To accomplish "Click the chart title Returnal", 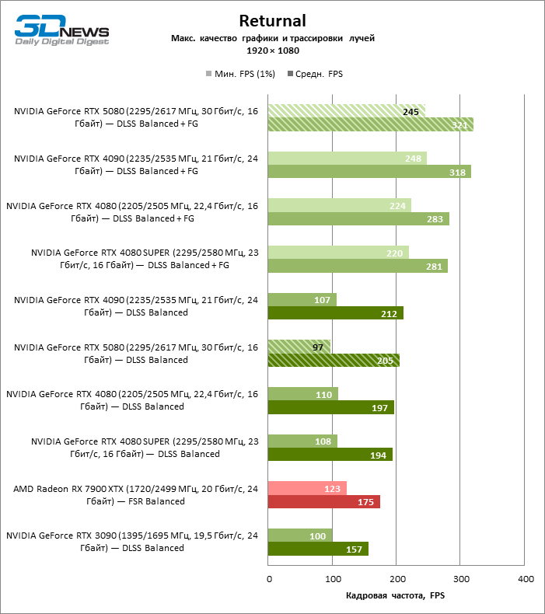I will pos(272,21).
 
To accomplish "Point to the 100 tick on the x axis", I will pos(332,579).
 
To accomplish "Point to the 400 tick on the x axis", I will pos(525,579).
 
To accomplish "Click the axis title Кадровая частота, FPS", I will pos(395,595).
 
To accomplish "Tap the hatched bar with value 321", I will pos(370,124).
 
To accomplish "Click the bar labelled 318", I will pos(369,172).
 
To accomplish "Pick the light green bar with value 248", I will pos(347,159).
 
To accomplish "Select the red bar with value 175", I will pos(323,501).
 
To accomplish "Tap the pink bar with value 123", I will pos(306,488).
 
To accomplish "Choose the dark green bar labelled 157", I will pos(318,549).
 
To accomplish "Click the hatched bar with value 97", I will pos(299,347).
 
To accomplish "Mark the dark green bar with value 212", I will pos(335,313).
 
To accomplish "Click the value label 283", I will pos(435,219).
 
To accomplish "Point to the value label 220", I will pos(394,253).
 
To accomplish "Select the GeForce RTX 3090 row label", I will pos(132,542).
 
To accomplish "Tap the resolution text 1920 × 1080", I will pos(272,51).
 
